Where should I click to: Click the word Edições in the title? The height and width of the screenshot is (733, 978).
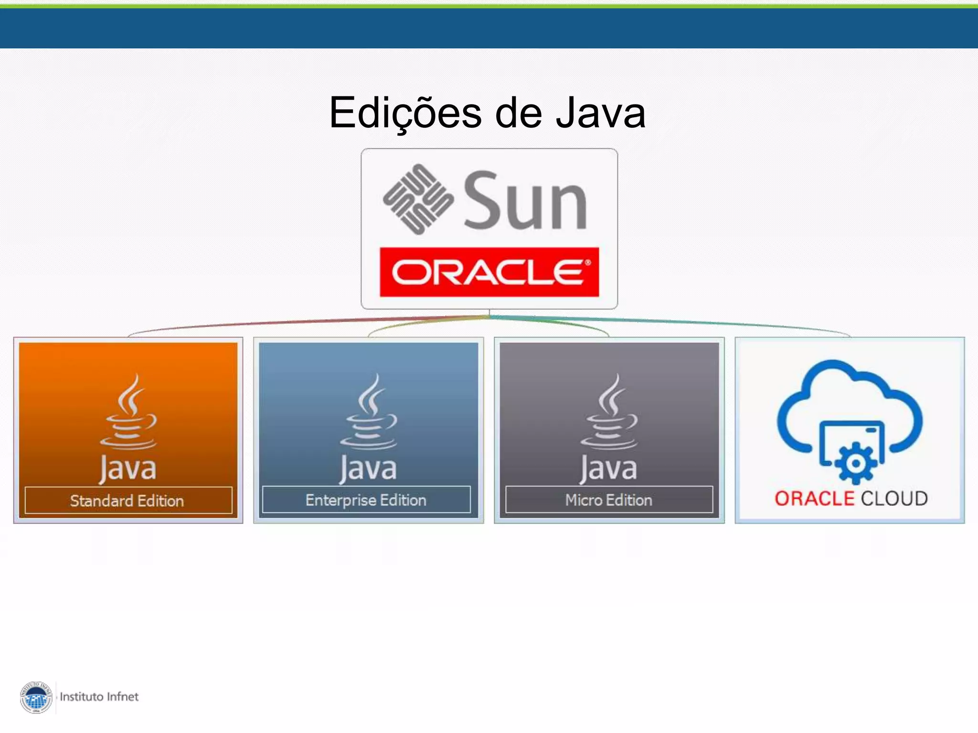pos(405,113)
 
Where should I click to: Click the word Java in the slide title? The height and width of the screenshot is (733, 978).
pos(601,113)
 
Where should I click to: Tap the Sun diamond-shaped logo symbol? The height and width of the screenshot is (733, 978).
pos(418,199)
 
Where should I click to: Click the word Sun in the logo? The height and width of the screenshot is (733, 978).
pos(525,201)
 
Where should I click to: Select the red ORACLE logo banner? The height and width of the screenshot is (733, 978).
pos(489,272)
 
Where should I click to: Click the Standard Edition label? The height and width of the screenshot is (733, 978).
pos(128,501)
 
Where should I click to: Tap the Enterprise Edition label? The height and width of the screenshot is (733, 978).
pos(366,500)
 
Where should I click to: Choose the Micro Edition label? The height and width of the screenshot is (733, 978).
pos(608,500)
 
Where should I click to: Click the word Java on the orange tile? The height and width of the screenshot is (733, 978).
pos(128,469)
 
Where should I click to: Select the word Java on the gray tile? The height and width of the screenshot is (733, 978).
pos(609,469)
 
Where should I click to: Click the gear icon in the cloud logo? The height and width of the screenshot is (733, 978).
pos(856,463)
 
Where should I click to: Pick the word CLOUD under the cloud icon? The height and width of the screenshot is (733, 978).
pos(894,499)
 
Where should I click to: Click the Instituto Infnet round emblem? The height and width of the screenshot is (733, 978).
pos(36,697)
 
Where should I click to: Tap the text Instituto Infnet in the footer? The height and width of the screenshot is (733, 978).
pos(99,697)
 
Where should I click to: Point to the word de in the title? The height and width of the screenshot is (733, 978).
pos(519,113)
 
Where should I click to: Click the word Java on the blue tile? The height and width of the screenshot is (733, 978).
pos(368,469)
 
